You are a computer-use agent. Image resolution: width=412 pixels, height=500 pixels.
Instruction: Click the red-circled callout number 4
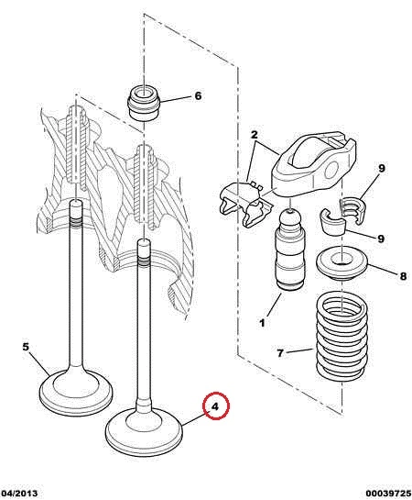215,406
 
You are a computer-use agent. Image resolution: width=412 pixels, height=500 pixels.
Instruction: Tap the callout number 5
26,347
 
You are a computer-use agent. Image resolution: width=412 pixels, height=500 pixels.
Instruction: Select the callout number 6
198,95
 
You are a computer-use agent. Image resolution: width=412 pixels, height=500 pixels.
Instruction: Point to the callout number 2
254,135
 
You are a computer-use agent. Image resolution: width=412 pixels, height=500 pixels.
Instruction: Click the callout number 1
262,323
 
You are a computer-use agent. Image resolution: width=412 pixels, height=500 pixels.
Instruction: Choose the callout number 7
280,353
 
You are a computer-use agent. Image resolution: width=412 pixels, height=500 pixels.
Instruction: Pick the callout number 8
403,276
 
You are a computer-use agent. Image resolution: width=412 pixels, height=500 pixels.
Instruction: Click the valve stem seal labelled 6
144,103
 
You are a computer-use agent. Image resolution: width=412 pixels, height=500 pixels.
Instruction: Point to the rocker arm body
313,163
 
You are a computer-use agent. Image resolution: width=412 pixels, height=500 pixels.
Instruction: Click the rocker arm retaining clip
246,202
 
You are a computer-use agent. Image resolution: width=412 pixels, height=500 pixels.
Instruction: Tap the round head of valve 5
76,391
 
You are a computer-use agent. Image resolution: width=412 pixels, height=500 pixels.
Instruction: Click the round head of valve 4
144,430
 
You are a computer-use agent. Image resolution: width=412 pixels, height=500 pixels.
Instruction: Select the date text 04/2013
19,494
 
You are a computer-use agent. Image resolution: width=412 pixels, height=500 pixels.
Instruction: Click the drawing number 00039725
388,494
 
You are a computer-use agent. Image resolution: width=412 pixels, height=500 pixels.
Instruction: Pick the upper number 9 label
382,168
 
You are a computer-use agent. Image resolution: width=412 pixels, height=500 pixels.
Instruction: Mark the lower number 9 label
381,239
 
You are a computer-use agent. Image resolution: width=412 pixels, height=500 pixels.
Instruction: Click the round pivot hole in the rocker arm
331,170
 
